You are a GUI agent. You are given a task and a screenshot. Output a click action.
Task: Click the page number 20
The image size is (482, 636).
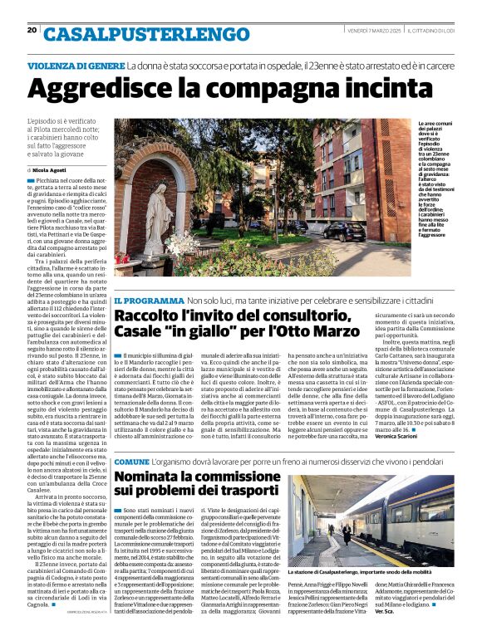tap(32, 30)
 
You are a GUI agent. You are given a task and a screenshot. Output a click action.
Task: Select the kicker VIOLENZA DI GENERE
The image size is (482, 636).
tap(76, 65)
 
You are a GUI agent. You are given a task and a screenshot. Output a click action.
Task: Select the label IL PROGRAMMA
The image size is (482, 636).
tap(148, 300)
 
